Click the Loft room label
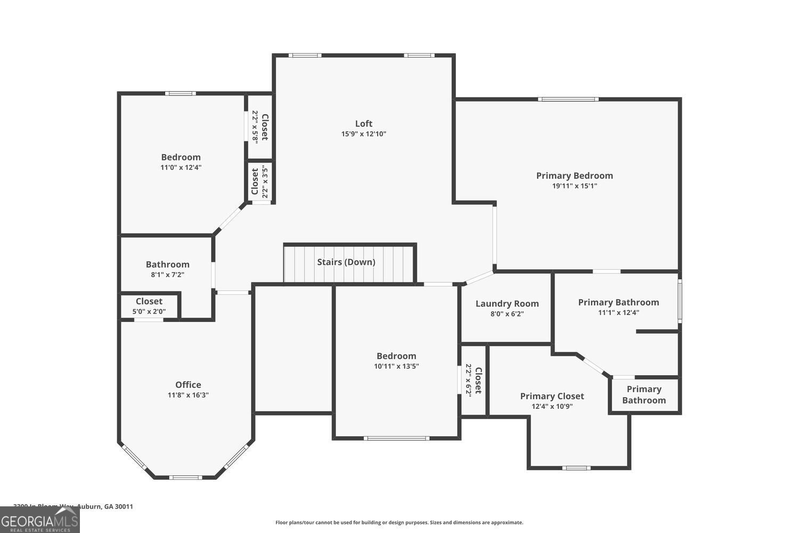tap(364, 124)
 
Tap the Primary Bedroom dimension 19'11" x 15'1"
tap(574, 186)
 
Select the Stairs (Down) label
tap(346, 262)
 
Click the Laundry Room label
tap(507, 303)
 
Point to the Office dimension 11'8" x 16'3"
tap(188, 395)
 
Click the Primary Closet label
tap(552, 396)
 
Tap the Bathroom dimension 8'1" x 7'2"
tap(167, 274)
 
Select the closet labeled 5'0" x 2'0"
tap(149, 306)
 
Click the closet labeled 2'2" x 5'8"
tap(260, 127)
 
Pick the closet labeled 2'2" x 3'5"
tap(260, 181)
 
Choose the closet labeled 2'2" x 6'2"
tap(473, 381)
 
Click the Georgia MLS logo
tap(39, 520)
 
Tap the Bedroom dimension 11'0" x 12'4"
tap(181, 167)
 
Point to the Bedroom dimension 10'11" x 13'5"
tap(396, 366)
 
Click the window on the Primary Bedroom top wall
tap(568, 99)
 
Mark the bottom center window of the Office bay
tap(185, 477)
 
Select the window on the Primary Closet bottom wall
tap(576, 468)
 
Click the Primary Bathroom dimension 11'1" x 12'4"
tap(618, 312)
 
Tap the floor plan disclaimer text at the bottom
tap(399, 522)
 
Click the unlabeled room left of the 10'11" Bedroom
tap(293, 349)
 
